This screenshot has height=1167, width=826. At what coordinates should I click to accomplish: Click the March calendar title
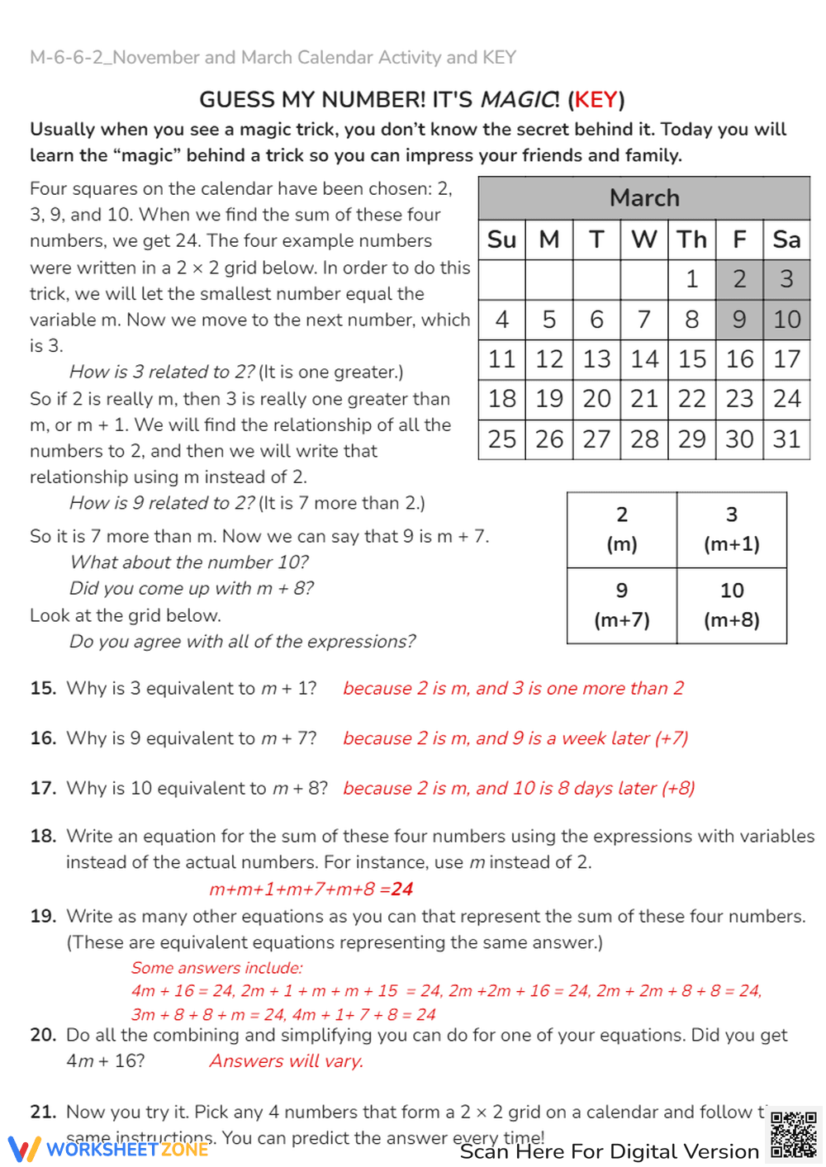click(644, 198)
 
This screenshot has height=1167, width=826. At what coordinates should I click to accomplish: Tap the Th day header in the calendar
click(692, 240)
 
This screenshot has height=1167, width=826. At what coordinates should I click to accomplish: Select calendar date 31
click(786, 439)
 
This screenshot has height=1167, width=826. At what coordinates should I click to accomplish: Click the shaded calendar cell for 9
click(739, 319)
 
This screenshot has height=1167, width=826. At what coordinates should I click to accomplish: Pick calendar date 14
click(644, 359)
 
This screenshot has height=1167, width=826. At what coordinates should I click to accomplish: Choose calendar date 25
click(501, 439)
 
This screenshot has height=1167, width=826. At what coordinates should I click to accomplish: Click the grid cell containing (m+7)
click(622, 605)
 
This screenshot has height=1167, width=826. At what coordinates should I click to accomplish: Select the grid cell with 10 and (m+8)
click(732, 605)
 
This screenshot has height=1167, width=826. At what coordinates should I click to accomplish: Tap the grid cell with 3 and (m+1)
click(732, 529)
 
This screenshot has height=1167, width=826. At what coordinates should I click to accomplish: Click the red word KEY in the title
click(596, 100)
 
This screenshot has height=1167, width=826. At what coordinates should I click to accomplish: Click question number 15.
click(43, 689)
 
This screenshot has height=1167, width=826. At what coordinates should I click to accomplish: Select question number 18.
click(43, 836)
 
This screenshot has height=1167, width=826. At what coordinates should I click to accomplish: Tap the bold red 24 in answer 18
click(402, 889)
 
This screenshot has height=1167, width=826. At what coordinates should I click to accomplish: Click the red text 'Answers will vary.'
click(286, 1061)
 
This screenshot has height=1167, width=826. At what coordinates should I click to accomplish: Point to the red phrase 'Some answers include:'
click(216, 968)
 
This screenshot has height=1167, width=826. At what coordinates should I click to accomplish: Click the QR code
click(794, 1136)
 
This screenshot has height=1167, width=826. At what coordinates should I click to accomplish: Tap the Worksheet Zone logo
click(107, 1149)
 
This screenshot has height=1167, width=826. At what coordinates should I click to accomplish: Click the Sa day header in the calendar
click(786, 240)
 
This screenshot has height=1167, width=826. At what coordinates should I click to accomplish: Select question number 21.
click(43, 1112)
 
